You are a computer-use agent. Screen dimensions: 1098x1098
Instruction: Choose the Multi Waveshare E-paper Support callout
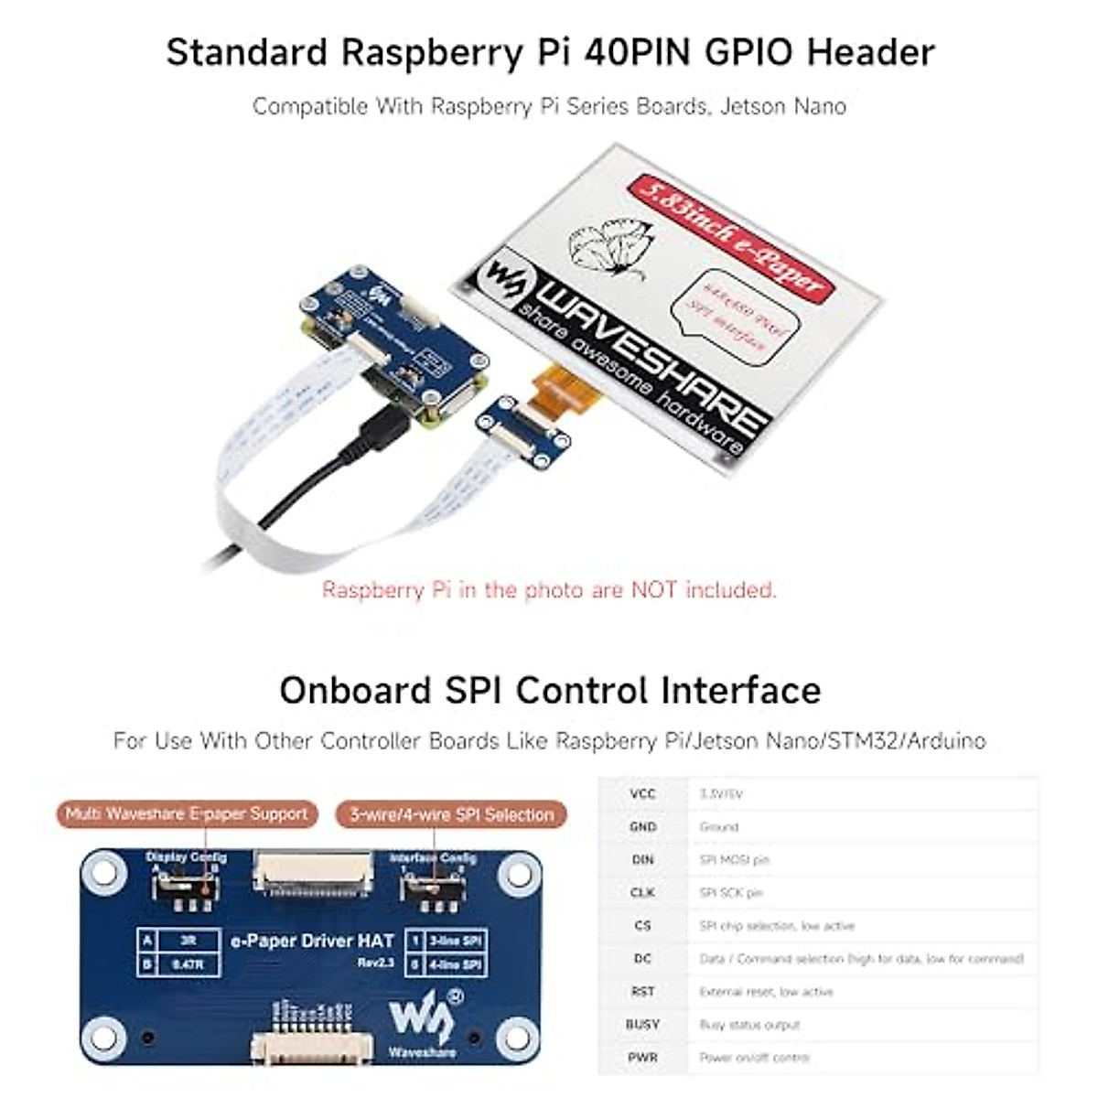point(186,813)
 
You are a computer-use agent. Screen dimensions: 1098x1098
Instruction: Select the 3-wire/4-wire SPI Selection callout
point(451,814)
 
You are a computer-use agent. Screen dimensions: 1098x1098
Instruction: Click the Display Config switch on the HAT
point(187,886)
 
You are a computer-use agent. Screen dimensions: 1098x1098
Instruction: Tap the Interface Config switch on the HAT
point(434,887)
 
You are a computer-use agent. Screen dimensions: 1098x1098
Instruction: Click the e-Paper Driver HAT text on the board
point(312,941)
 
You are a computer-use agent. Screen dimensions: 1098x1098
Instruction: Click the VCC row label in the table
point(642,793)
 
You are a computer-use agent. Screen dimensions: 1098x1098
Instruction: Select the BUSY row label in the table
point(642,1024)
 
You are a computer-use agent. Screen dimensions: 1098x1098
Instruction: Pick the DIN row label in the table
point(642,859)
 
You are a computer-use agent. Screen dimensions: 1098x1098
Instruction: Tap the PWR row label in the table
point(642,1057)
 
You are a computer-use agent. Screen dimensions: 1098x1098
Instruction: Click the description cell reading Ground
point(718,826)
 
